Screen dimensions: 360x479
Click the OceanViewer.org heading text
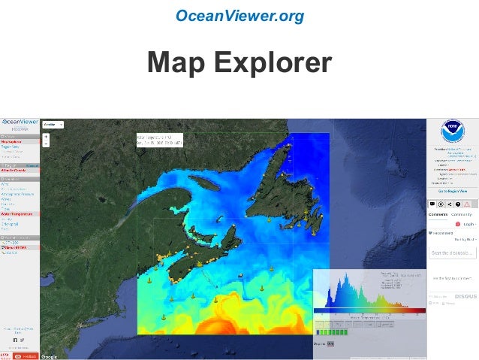239,15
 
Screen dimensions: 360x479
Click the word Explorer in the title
273,64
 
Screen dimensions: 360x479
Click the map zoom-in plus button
46,137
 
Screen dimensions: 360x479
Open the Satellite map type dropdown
53,124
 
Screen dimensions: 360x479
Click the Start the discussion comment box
453,253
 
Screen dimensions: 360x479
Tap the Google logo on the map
50,355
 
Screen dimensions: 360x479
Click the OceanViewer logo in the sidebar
20,121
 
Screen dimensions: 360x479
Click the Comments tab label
438,214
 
